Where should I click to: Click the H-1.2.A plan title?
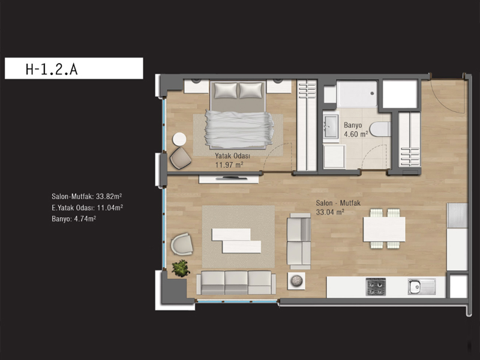tap(52, 69)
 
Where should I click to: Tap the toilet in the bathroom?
tap(380, 129)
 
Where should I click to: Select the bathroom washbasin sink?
tap(331, 126)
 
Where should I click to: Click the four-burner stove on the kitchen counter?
tap(376, 287)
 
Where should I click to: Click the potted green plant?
tap(181, 268)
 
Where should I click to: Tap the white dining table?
tap(384, 229)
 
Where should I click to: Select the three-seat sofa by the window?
tap(236, 283)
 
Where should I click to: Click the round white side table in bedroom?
tap(179, 139)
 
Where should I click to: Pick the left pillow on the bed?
tap(226, 91)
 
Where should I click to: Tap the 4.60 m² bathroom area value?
tap(356, 134)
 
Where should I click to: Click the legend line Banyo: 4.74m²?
tap(74, 219)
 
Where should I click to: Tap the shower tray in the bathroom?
tap(357, 94)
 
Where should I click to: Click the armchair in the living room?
tap(182, 244)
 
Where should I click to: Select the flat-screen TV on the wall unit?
tap(232, 178)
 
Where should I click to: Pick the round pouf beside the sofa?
tap(296, 281)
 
